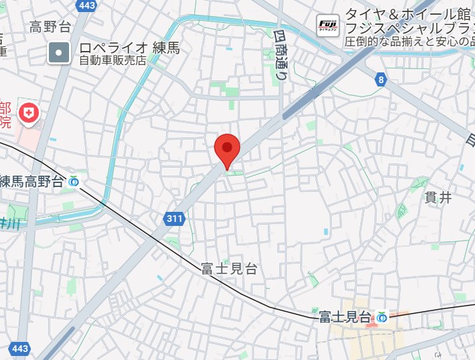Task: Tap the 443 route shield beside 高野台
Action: [x=86, y=6]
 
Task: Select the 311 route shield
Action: [x=174, y=218]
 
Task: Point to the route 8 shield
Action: [x=381, y=80]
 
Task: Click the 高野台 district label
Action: [x=50, y=27]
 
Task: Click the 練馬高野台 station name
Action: [x=31, y=181]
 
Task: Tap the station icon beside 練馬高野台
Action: [x=74, y=181]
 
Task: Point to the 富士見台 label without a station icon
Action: [x=228, y=269]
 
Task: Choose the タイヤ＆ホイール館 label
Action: [x=409, y=14]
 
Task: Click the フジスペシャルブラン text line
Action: [x=410, y=29]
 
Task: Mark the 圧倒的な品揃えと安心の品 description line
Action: [x=410, y=42]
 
